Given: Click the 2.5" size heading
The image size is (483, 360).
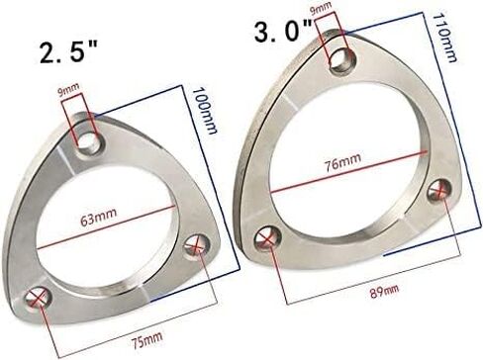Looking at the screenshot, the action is click(68, 53).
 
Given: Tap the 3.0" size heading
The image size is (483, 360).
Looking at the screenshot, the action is click(284, 32).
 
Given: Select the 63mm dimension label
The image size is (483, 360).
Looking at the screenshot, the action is click(98, 217).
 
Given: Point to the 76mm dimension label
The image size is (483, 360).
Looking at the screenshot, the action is click(343, 161).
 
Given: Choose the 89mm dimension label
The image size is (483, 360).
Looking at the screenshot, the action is click(384, 291).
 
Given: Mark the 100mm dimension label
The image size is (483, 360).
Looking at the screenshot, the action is click(205, 111).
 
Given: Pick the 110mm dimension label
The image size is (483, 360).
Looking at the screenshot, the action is click(445, 38).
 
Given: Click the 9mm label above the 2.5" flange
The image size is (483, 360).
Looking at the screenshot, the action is click(68, 90).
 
